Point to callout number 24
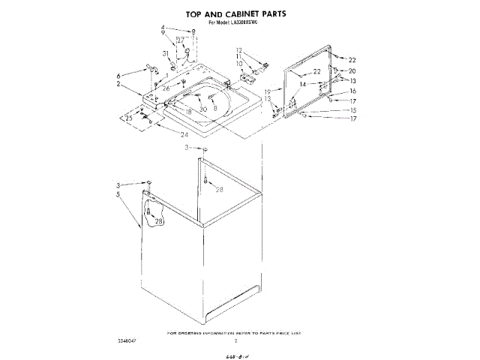(185, 134)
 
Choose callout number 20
(352, 70)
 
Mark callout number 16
(352, 90)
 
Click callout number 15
(352, 110)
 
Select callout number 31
(166, 53)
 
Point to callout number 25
(128, 118)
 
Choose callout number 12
(240, 50)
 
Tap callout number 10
(240, 64)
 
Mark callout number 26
(166, 88)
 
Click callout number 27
(180, 39)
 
